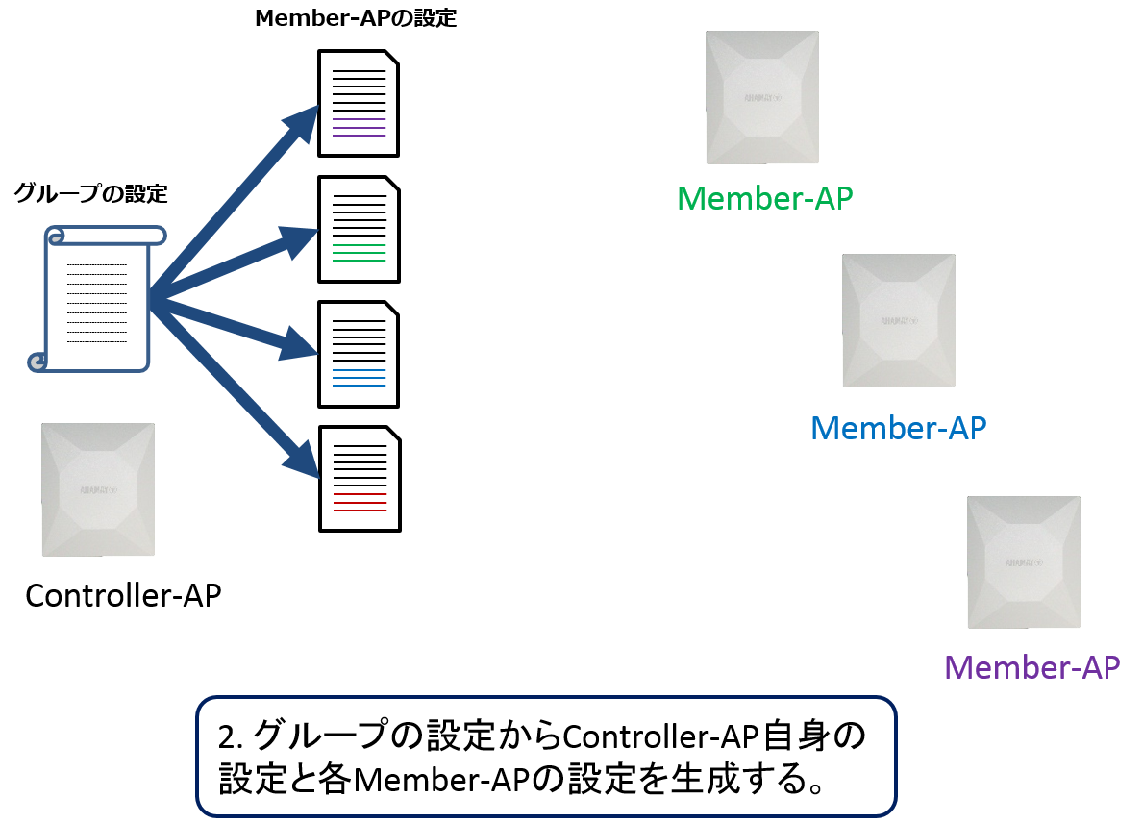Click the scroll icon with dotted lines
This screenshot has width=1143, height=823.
click(96, 298)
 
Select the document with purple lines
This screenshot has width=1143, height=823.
click(358, 104)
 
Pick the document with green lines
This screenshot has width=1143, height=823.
click(358, 229)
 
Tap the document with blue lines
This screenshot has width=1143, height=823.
click(358, 354)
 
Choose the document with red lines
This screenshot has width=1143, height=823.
click(358, 479)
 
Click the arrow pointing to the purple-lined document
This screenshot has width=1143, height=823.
click(240, 192)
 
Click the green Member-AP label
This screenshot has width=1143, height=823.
click(764, 198)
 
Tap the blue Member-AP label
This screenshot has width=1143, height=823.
click(898, 427)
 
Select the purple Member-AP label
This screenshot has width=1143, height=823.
click(1031, 666)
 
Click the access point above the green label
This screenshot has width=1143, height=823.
click(762, 97)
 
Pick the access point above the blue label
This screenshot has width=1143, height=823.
click(899, 320)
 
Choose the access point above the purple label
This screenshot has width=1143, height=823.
click(1024, 562)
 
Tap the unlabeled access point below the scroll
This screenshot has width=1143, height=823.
click(98, 489)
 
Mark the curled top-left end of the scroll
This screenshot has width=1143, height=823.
click(56, 236)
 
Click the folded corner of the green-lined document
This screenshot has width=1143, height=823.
click(390, 185)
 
